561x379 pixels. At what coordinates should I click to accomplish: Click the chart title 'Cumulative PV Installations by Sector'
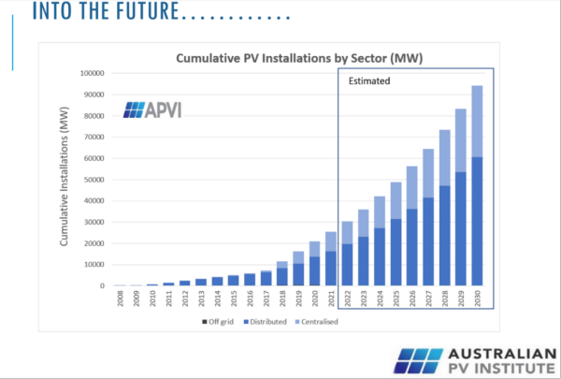click(300, 59)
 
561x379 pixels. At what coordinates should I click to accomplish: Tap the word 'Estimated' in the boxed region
click(368, 81)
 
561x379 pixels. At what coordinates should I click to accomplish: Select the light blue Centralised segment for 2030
click(476, 122)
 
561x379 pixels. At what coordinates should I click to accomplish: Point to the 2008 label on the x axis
click(121, 301)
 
